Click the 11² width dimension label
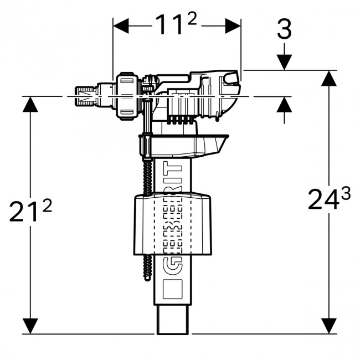point(177,25)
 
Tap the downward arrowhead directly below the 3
point(284,62)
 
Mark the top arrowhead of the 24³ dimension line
point(329,78)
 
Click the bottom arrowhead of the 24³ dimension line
point(329,326)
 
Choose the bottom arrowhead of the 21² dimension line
point(30,326)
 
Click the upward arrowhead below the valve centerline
point(284,104)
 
